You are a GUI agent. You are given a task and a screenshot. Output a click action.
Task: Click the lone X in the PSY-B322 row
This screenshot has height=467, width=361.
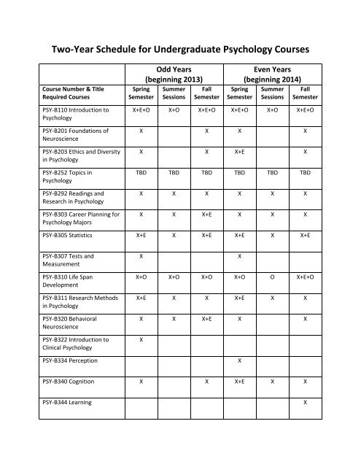(x=141, y=340)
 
